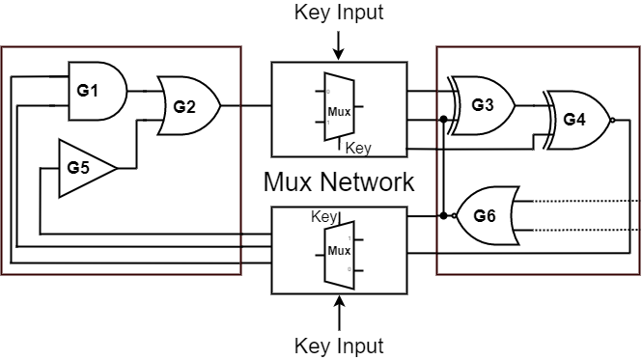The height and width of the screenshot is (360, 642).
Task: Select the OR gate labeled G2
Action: tap(187, 103)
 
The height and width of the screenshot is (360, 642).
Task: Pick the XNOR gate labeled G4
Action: tap(576, 120)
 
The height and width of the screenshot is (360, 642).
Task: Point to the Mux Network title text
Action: tap(339, 181)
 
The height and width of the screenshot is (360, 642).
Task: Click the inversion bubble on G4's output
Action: tap(613, 120)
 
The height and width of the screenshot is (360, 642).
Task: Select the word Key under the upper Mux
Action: tap(358, 148)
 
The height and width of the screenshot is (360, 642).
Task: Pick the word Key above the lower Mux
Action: tap(323, 216)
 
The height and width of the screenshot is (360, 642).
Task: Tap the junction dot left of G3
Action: tap(443, 120)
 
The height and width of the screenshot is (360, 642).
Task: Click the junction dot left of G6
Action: tap(443, 214)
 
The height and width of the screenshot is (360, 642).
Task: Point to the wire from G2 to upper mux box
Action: tap(246, 103)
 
